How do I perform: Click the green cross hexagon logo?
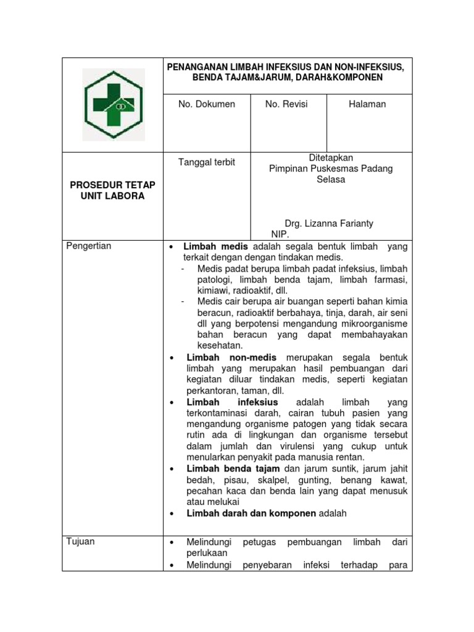click(114, 104)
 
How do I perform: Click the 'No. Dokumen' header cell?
click(207, 104)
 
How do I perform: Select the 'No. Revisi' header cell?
click(286, 104)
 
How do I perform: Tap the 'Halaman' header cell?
click(367, 104)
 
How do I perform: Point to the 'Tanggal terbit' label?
click(207, 162)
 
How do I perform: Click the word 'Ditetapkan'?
click(331, 158)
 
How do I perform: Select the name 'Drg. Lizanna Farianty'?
click(329, 223)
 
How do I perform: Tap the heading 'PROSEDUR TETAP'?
click(112, 185)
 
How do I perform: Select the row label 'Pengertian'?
click(89, 246)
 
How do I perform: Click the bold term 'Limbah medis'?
click(215, 246)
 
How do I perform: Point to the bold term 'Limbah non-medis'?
click(231, 357)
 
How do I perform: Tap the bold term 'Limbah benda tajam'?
click(233, 468)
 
